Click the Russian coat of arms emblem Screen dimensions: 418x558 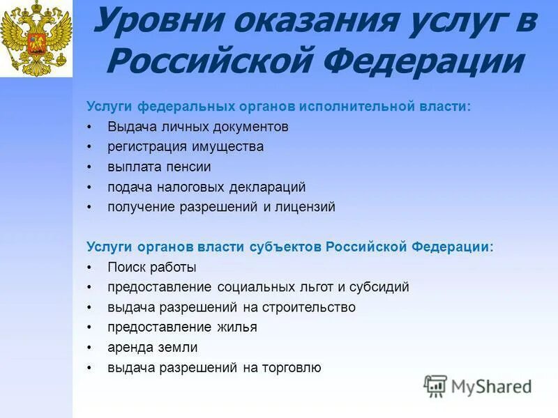point(36,38)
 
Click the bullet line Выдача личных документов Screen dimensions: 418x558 point(197,127)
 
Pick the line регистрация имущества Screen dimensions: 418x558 point(186,147)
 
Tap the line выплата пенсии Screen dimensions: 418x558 point(159,167)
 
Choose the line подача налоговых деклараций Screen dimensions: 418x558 point(206,187)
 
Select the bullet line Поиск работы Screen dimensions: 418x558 point(151,268)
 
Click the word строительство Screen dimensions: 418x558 point(308,307)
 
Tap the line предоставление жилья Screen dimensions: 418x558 point(182,327)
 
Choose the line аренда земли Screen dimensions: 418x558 point(152,348)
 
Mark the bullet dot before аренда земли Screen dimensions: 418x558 point(91,348)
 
